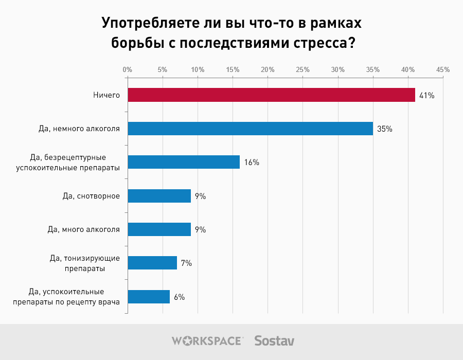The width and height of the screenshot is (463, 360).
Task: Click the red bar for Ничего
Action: (271, 95)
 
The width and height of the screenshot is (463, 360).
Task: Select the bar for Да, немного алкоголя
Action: (250, 129)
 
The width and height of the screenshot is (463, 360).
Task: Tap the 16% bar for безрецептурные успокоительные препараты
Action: (184, 162)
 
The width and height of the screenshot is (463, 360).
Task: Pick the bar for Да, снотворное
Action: (159, 196)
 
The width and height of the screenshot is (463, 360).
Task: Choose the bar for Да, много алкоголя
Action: (159, 229)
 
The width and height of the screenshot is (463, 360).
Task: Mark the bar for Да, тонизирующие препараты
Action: (152, 263)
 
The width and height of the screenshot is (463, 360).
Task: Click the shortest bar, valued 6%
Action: (149, 297)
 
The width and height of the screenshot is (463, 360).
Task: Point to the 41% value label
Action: (427, 96)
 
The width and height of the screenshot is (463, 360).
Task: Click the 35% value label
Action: (385, 129)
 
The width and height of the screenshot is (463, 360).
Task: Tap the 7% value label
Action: (186, 263)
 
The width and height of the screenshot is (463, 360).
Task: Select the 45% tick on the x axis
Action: (443, 69)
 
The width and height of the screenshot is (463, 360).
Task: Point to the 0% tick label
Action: (128, 69)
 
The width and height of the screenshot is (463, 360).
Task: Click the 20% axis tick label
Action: (268, 69)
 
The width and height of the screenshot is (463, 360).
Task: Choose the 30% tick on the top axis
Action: (337, 69)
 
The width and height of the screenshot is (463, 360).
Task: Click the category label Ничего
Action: (106, 95)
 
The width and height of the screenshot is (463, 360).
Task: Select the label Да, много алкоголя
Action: (83, 229)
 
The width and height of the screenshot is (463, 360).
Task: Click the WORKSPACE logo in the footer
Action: (207, 340)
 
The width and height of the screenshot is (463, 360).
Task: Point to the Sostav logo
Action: (274, 340)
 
